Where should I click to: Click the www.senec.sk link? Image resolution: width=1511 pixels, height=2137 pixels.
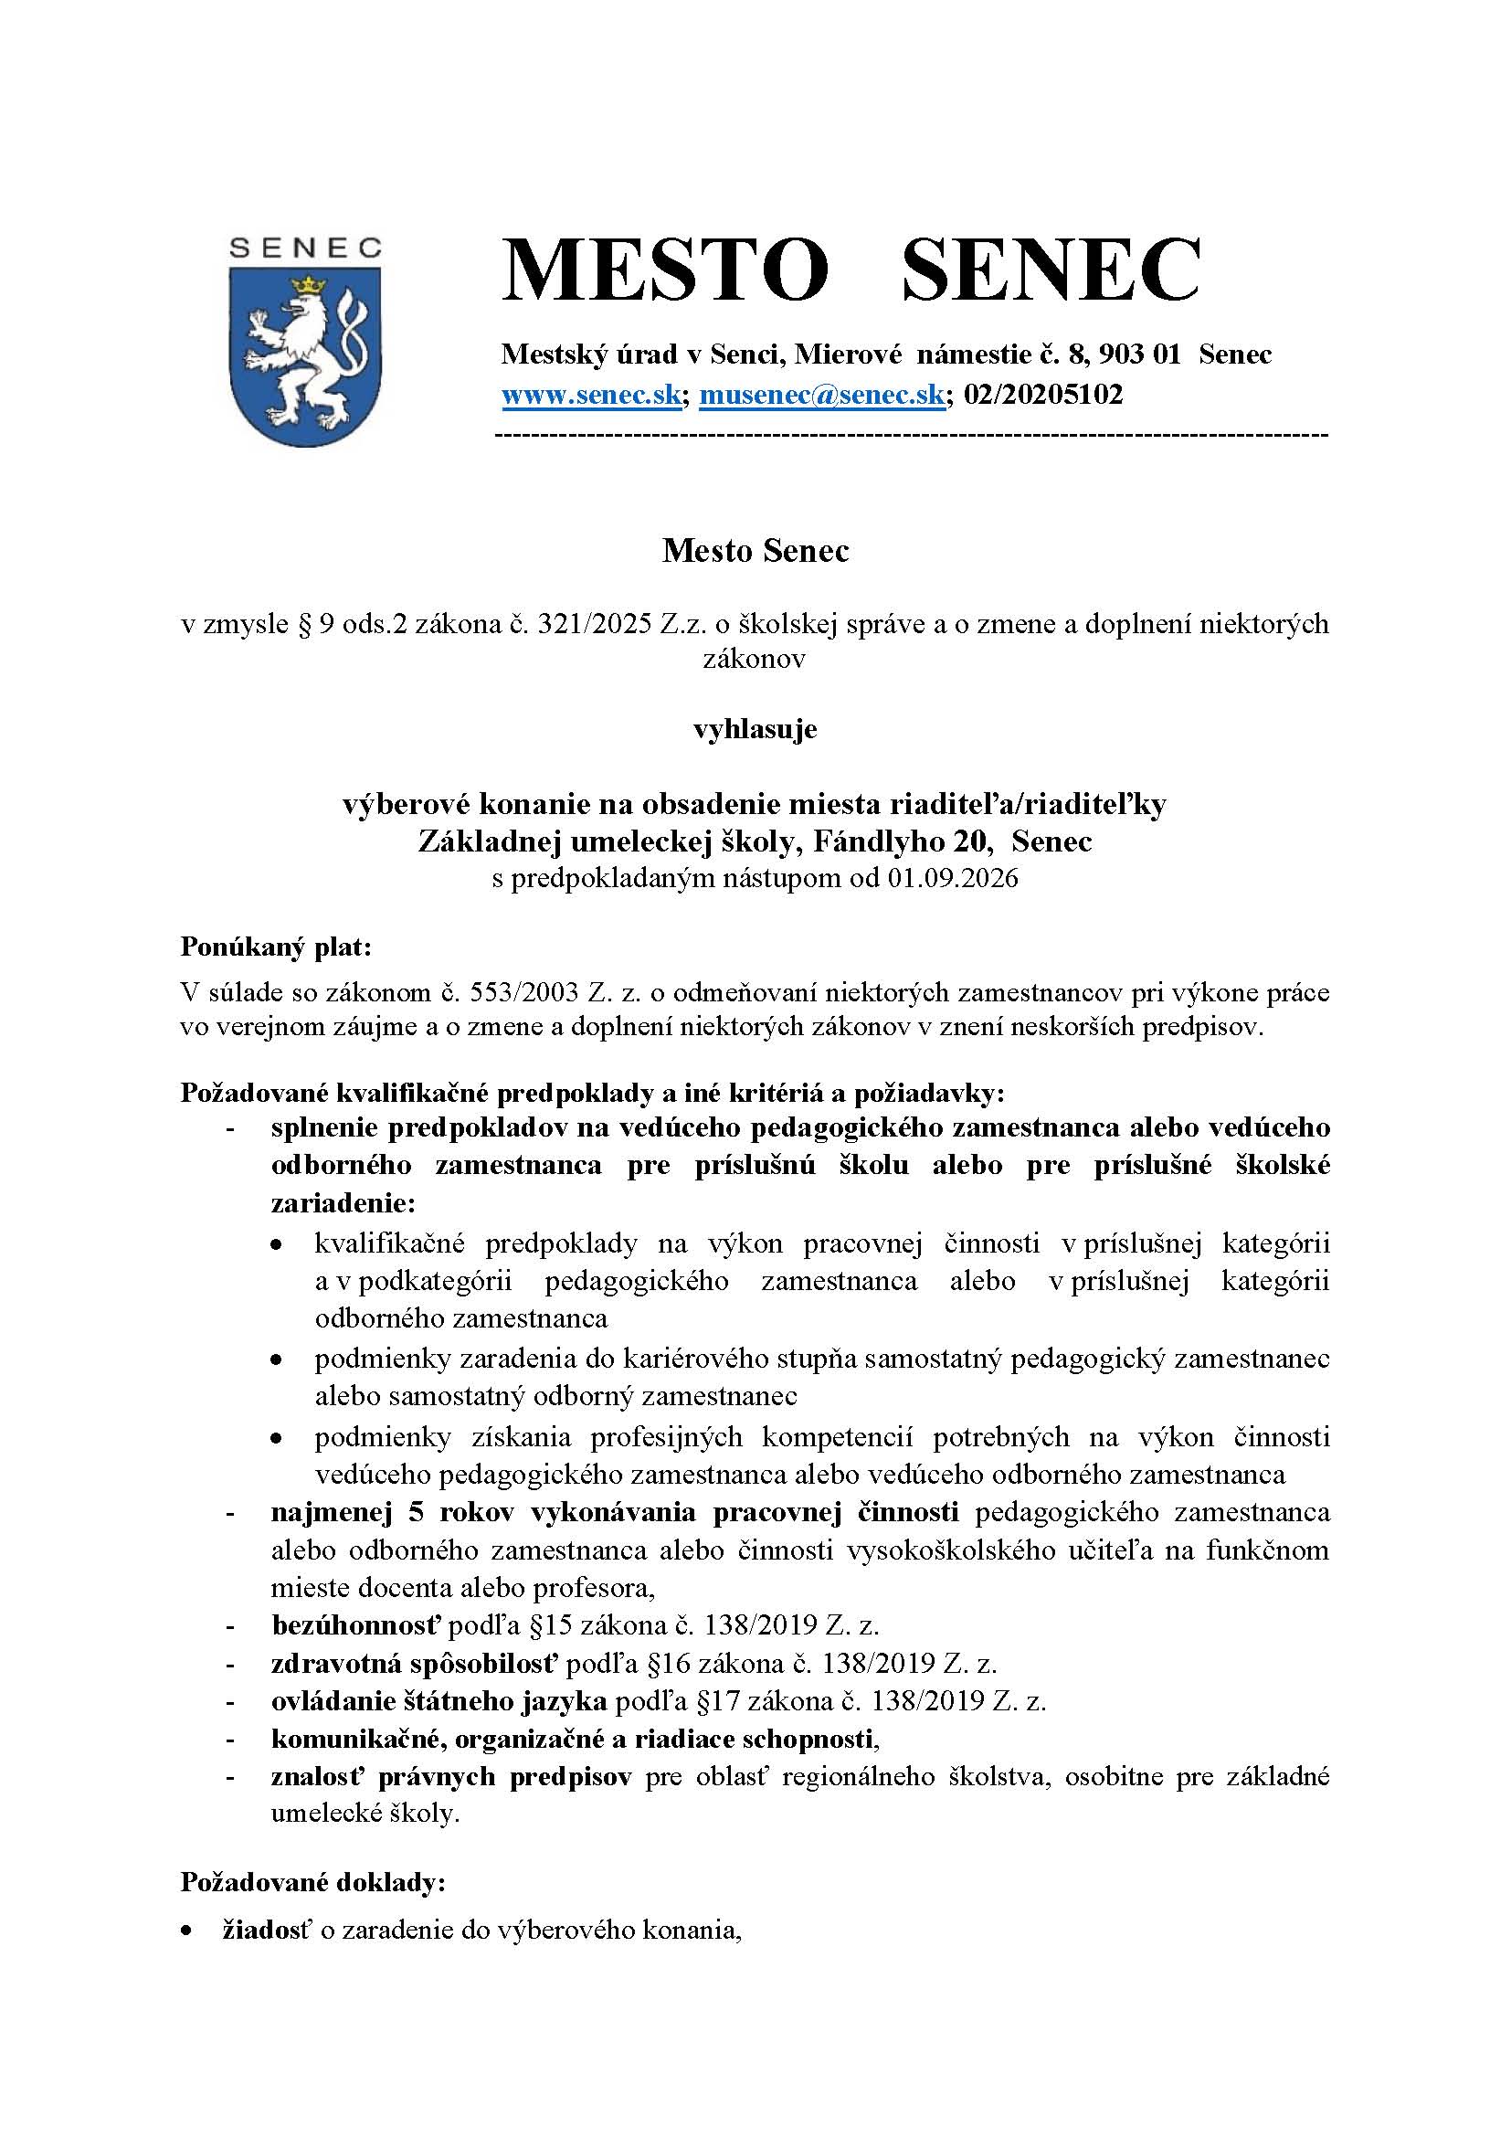(592, 395)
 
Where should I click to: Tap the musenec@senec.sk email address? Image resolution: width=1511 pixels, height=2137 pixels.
(821, 395)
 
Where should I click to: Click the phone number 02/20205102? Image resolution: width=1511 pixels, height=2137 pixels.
(1043, 395)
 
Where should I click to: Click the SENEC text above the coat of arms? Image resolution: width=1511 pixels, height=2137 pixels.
(305, 248)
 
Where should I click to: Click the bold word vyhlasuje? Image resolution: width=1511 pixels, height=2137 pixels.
(755, 728)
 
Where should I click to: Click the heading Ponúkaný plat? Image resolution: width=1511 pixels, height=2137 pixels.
(275, 947)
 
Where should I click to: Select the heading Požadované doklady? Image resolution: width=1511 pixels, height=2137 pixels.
(312, 1883)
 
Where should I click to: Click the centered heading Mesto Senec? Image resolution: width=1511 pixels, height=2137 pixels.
(755, 551)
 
